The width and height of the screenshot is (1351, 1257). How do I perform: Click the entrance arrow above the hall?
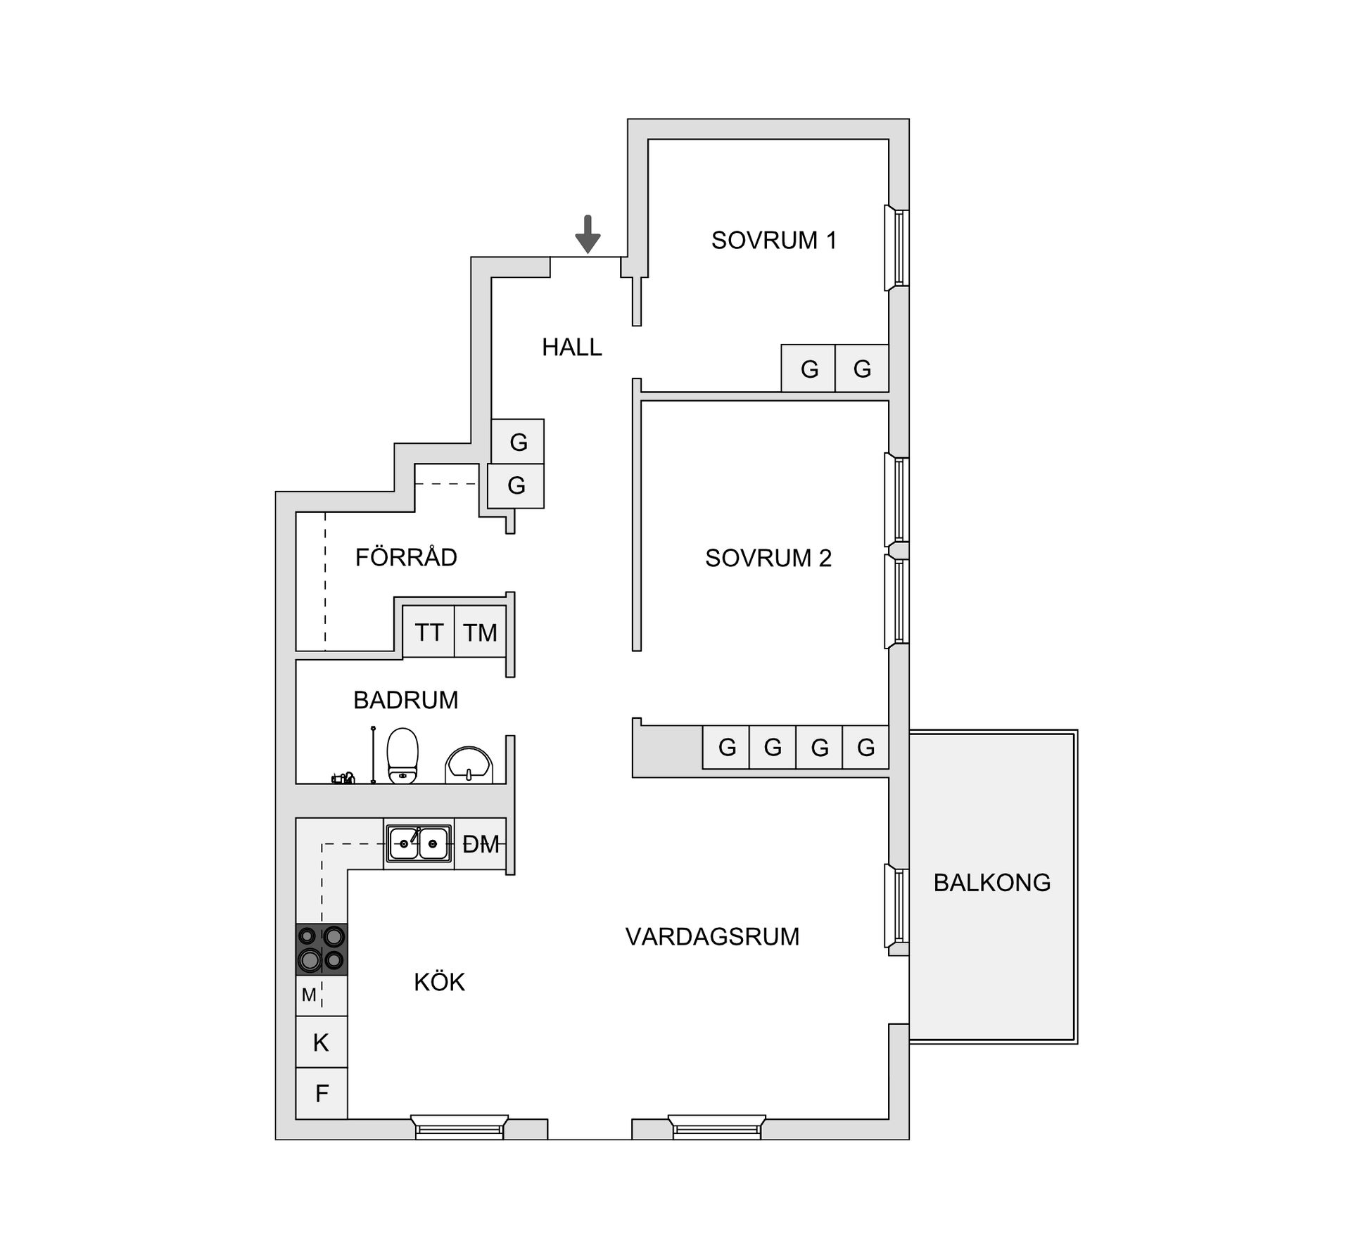click(588, 234)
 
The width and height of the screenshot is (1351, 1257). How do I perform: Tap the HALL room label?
click(571, 347)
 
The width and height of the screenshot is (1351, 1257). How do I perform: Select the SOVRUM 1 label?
click(773, 241)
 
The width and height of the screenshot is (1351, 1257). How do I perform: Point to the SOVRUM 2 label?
click(768, 559)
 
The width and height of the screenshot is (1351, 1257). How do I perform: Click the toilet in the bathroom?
click(402, 755)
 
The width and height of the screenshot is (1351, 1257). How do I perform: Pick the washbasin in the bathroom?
click(469, 765)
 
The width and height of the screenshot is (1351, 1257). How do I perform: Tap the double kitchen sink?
click(419, 843)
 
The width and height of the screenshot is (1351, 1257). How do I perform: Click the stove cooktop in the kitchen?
click(322, 949)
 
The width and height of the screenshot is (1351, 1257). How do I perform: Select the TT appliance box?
click(429, 632)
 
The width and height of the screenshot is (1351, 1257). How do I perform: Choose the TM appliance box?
click(480, 632)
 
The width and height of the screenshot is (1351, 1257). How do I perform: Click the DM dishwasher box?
click(481, 843)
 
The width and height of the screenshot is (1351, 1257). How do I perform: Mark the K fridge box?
click(322, 1042)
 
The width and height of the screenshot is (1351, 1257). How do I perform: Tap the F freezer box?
click(322, 1093)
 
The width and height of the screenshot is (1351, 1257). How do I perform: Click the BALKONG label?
click(991, 883)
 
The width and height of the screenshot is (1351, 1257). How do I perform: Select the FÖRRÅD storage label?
click(406, 558)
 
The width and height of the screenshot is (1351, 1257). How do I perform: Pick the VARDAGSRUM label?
click(712, 937)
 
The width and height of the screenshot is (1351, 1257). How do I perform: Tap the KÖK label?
click(439, 983)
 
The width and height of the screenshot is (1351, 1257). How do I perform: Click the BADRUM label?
click(405, 701)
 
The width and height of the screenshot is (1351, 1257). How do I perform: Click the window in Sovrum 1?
click(897, 248)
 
